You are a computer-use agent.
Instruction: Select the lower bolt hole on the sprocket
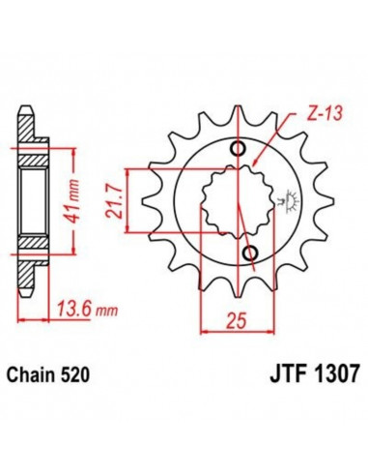coord(250,254)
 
